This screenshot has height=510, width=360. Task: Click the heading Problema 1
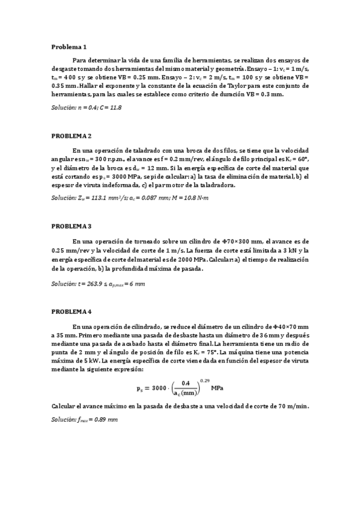tap(69, 46)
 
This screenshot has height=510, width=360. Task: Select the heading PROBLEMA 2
tap(72, 137)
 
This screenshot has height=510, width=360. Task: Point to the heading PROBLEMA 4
tap(72, 312)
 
